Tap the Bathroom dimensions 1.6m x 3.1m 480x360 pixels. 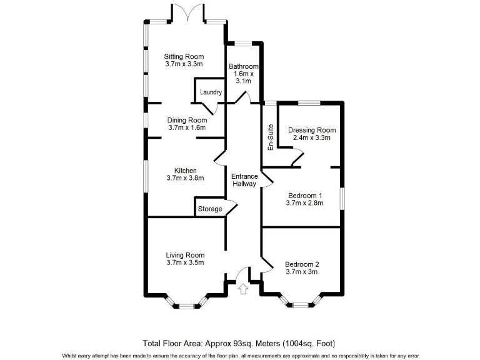pyautogui.click(x=243, y=77)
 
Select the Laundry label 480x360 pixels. pyautogui.click(x=211, y=92)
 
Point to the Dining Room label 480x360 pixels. pyautogui.click(x=187, y=120)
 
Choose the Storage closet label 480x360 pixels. pyautogui.click(x=210, y=209)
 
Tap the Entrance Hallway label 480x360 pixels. pyautogui.click(x=245, y=180)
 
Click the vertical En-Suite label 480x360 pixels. pyautogui.click(x=271, y=138)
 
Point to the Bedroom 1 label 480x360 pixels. pyautogui.click(x=302, y=194)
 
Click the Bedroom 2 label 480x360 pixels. pyautogui.click(x=302, y=264)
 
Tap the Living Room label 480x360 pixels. pyautogui.click(x=185, y=255)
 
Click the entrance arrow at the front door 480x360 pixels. pyautogui.click(x=244, y=289)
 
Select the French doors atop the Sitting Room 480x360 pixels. pyautogui.click(x=186, y=14)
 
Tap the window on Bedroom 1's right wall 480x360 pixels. pyautogui.click(x=342, y=199)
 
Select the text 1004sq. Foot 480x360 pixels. pyautogui.click(x=309, y=343)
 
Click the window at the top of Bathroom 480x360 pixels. pyautogui.click(x=244, y=43)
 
